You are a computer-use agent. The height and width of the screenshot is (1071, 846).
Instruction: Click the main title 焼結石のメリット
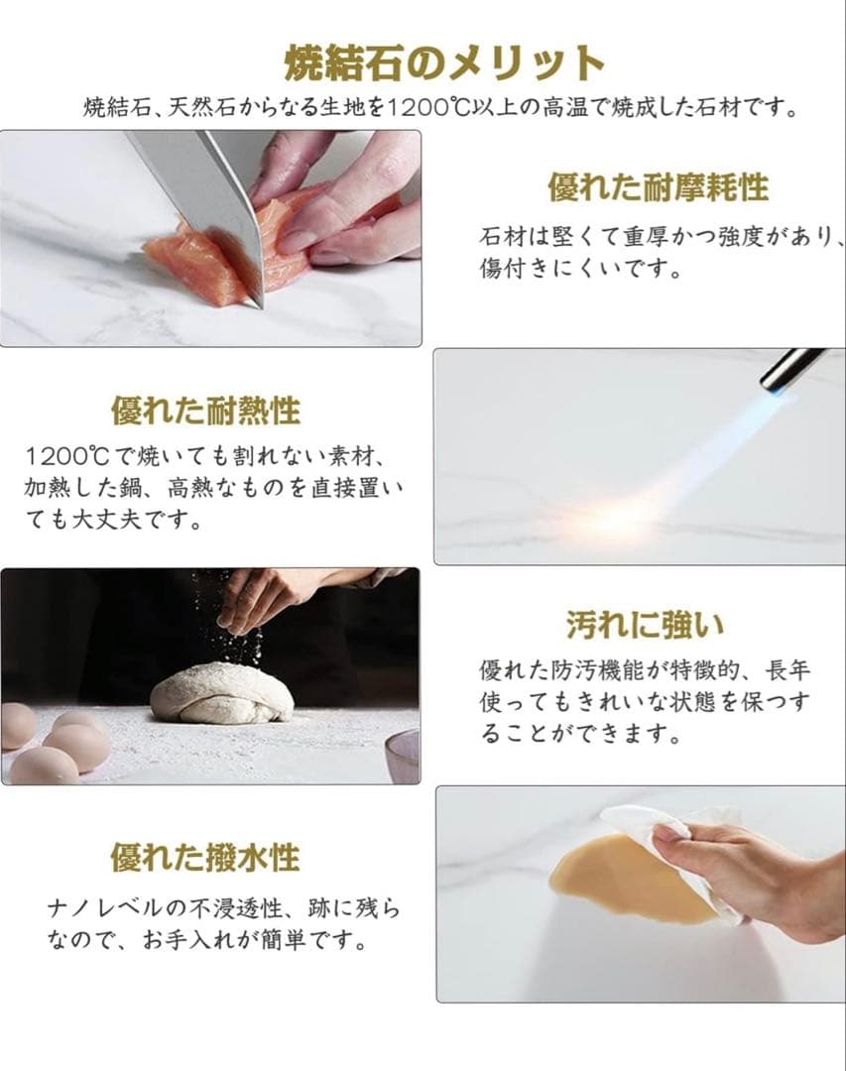point(443,63)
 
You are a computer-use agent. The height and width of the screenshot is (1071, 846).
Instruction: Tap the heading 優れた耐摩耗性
point(658,186)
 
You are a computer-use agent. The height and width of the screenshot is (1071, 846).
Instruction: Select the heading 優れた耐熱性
point(205,409)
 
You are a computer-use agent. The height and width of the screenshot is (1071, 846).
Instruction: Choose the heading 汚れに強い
point(645,625)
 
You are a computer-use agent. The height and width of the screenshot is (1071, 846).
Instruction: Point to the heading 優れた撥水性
point(204,857)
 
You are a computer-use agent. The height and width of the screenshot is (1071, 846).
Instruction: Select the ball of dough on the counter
point(222,694)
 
